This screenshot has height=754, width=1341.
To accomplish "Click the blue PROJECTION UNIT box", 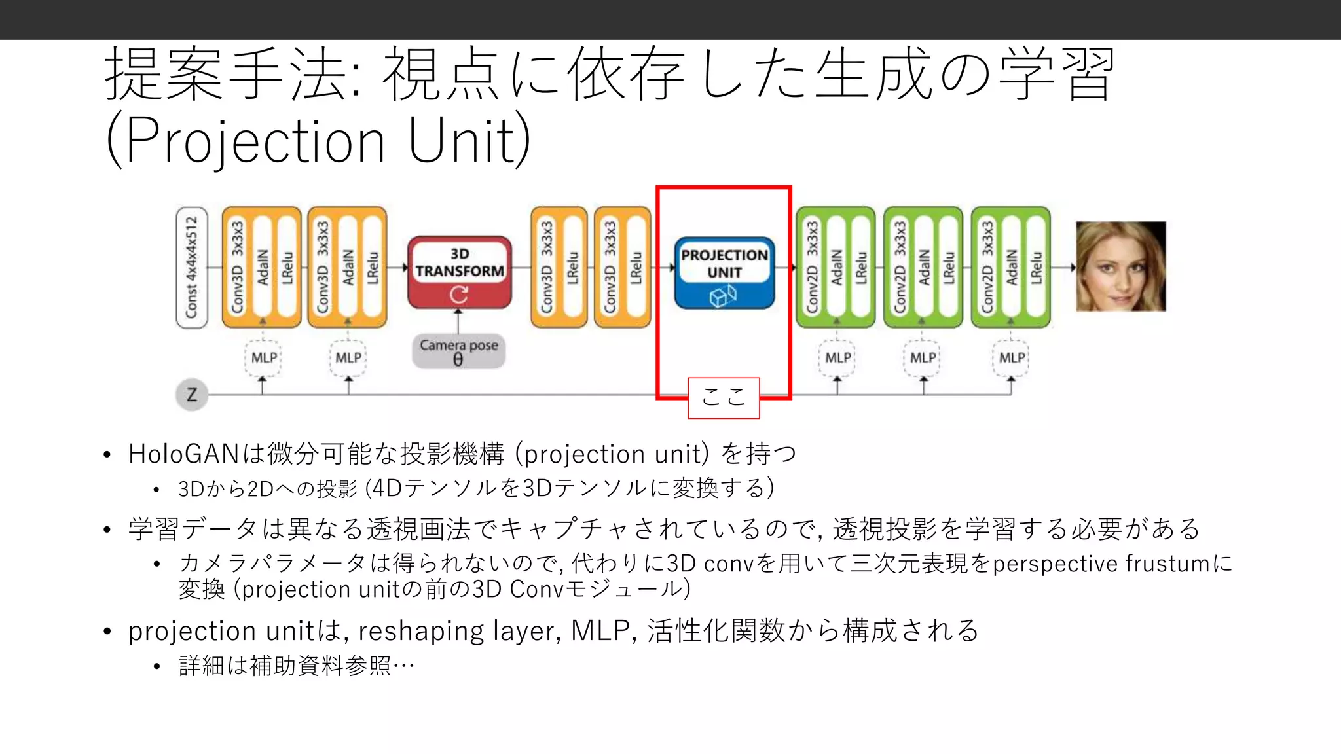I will tap(724, 272).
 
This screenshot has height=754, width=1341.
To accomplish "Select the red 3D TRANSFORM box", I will tap(459, 272).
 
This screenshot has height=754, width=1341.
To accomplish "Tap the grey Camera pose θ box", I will tap(458, 352).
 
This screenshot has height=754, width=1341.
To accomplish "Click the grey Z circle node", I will tap(192, 395).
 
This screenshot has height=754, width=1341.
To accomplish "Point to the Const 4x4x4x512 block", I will tap(191, 267).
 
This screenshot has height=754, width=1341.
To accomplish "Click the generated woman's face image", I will tap(1121, 266).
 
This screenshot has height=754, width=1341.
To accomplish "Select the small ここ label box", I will tap(724, 397).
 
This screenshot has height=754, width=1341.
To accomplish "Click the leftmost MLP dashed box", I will tap(263, 358).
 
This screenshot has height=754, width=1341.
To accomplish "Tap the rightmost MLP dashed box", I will tap(1011, 358).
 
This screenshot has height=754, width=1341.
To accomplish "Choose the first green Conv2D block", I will tap(836, 267).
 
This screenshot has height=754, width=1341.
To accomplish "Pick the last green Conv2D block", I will tap(1011, 267).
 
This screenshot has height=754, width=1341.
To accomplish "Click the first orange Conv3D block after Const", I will tap(262, 267).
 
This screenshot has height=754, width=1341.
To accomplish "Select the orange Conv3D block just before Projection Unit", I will tap(622, 267).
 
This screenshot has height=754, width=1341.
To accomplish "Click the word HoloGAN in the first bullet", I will tap(183, 454).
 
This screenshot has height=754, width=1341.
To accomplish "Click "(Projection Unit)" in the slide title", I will tap(318, 140).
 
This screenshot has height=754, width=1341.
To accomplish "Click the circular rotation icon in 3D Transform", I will tap(459, 295).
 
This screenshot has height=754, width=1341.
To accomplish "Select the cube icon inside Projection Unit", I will tap(723, 297).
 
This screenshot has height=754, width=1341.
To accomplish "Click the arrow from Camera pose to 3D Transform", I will tap(458, 321).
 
